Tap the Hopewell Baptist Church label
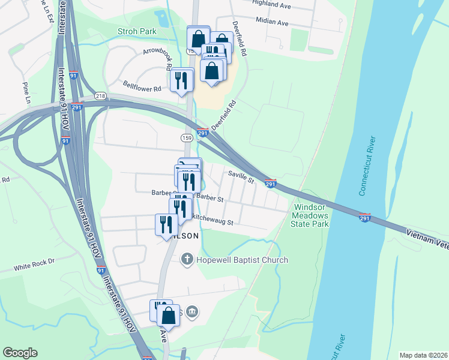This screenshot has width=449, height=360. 242,260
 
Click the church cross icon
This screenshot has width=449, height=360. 187,260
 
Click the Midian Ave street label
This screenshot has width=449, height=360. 272,23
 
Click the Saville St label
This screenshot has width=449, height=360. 241,176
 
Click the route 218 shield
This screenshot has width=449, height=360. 100,96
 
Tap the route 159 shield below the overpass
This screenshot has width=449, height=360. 186,138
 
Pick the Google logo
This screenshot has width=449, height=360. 20,353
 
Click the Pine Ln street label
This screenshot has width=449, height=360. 26,93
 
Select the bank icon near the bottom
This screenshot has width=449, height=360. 191,311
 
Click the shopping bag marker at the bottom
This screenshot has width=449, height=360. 169,316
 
